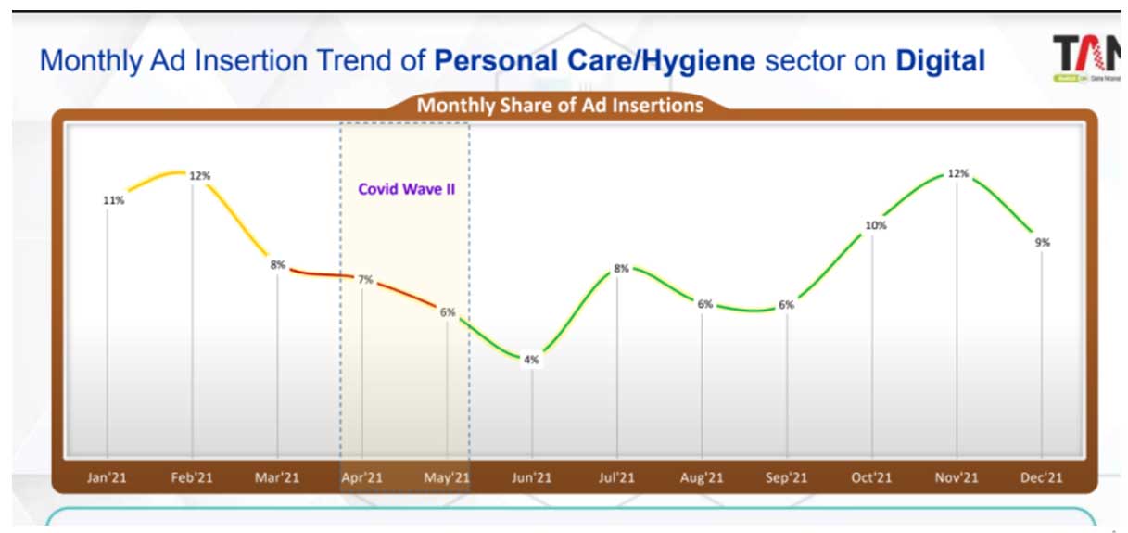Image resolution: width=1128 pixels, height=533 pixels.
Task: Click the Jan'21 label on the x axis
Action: [107, 478]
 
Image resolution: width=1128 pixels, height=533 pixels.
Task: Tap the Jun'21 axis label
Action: [532, 478]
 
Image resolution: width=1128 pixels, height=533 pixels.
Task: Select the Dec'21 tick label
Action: [1042, 478]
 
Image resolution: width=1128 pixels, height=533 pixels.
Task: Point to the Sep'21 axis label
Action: [787, 478]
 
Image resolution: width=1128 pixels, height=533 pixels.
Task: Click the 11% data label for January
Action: [113, 199]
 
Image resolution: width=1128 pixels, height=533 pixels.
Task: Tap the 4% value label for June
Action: [531, 360]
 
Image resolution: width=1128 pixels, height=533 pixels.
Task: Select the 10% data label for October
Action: [876, 225]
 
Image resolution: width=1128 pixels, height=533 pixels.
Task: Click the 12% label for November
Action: [958, 173]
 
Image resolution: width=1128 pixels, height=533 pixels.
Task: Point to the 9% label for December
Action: [1043, 243]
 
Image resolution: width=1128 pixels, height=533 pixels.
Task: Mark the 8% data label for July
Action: [621, 269]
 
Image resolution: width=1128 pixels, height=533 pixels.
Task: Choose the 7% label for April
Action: [365, 279]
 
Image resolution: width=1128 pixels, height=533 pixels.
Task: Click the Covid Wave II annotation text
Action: [407, 189]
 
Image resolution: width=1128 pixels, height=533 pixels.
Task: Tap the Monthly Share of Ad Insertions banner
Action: [560, 106]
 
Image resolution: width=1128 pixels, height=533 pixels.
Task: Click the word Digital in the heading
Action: [939, 61]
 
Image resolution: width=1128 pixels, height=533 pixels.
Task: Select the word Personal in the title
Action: [491, 61]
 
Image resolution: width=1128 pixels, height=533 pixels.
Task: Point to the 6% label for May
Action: [448, 312]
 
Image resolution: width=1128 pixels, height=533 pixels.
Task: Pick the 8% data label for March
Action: [277, 264]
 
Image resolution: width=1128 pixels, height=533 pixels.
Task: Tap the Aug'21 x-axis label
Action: [702, 478]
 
